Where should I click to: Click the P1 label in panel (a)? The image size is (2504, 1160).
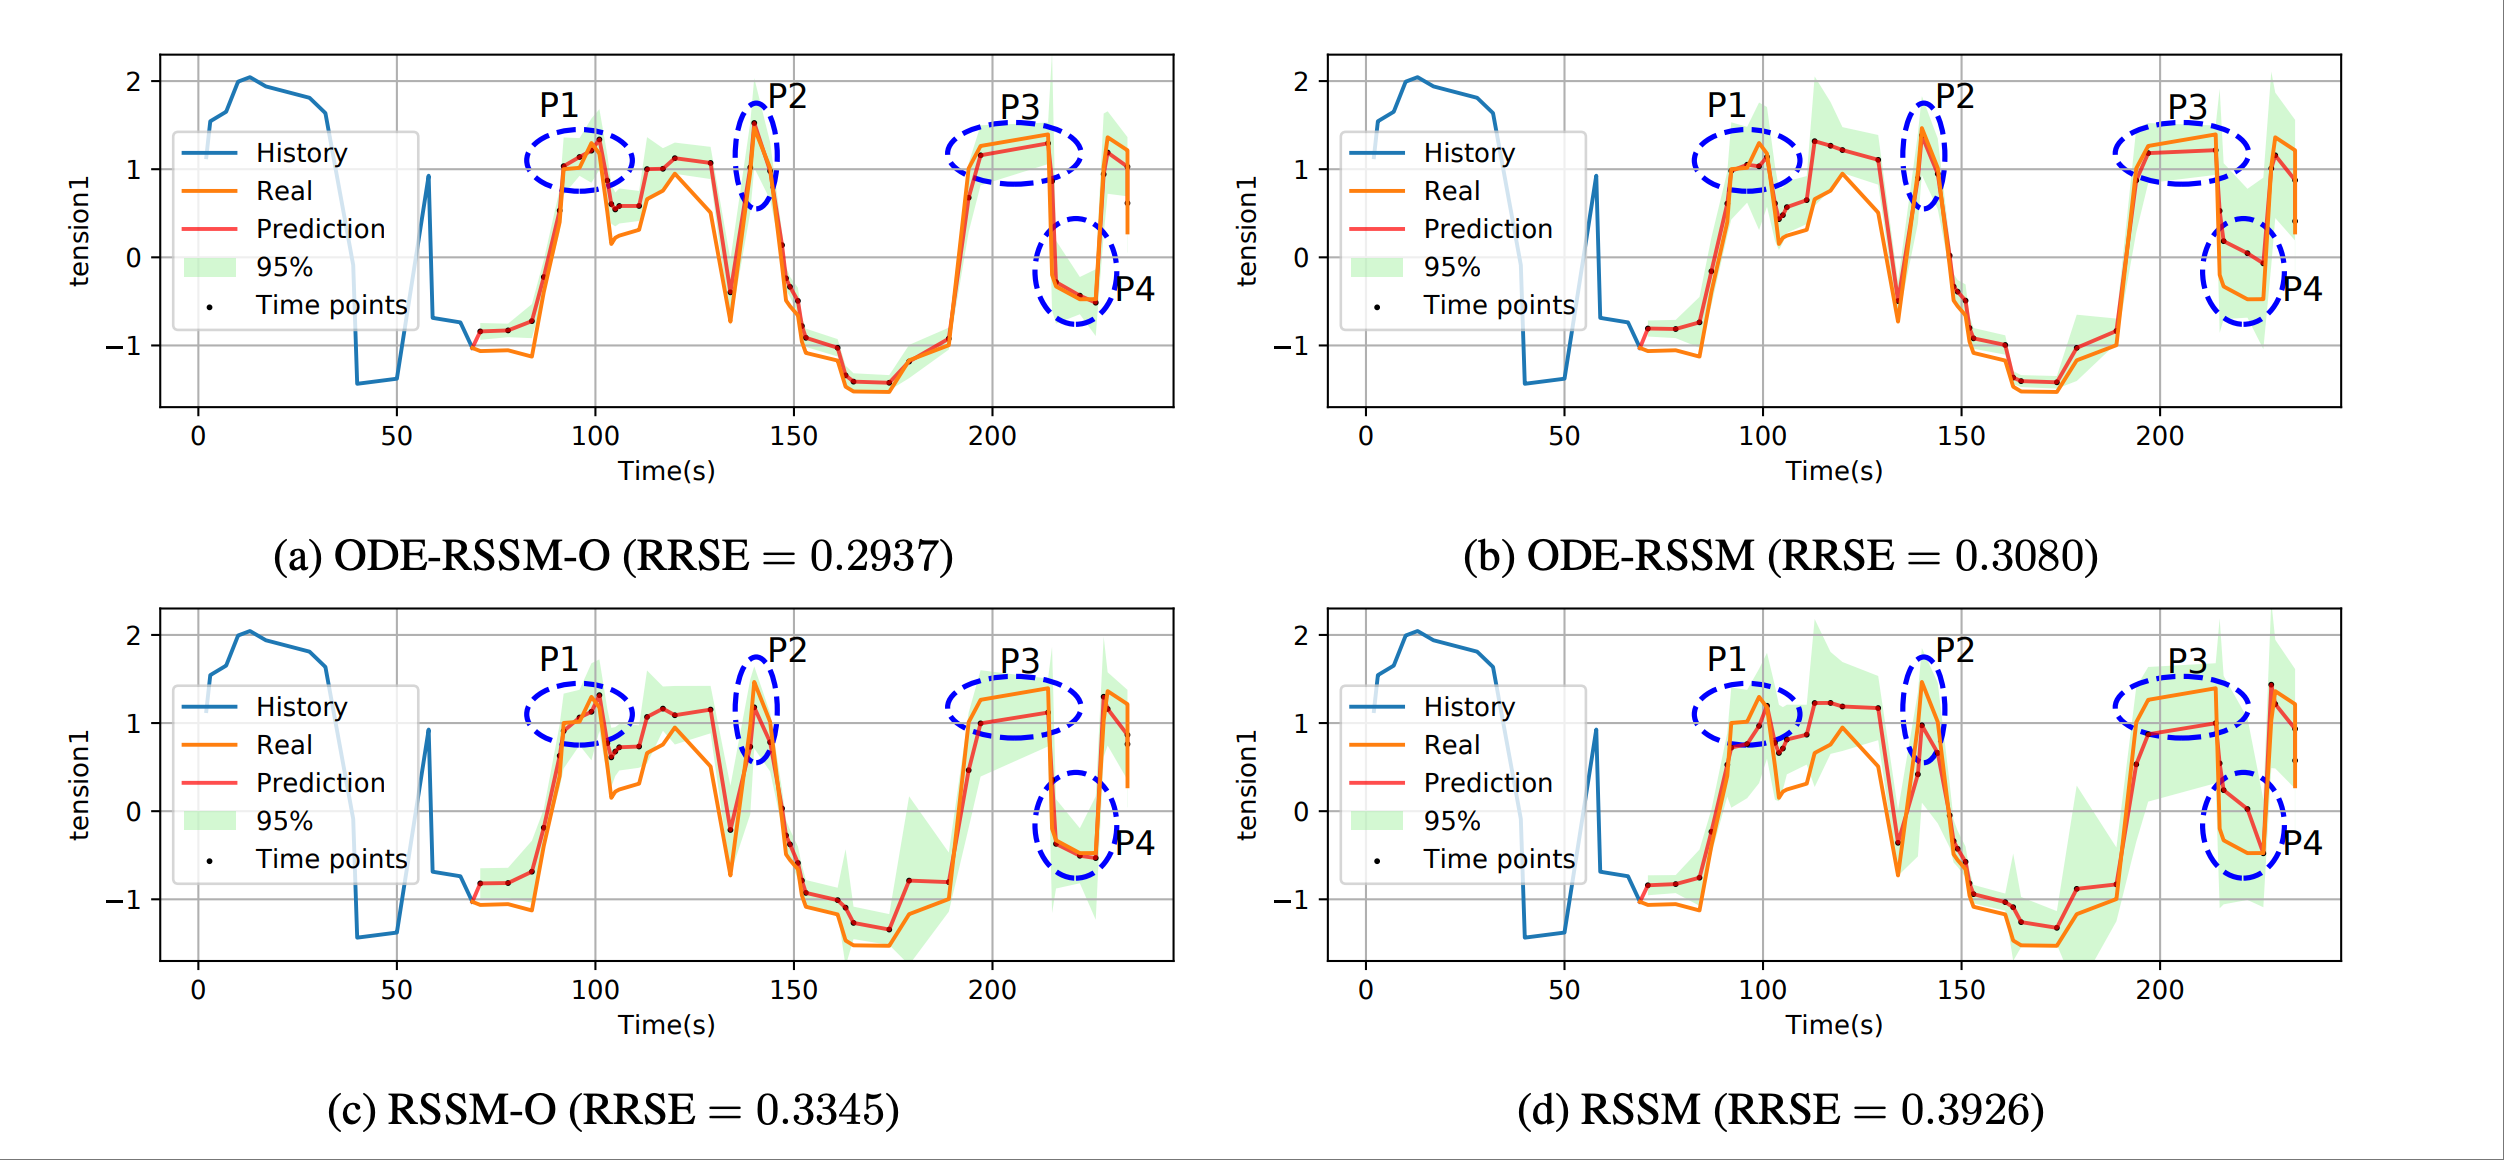coord(559,105)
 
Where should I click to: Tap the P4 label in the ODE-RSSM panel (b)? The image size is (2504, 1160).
coord(2302,289)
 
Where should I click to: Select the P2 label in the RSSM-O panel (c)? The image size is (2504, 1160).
coord(787,651)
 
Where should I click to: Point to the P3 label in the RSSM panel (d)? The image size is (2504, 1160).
coord(2187,661)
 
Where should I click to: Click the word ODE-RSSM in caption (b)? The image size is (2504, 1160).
coord(1640,556)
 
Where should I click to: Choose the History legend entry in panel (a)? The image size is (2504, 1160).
coord(301,153)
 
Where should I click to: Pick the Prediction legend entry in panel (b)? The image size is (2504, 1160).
coord(1487,229)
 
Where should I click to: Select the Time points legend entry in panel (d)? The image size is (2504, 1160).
coord(1498,859)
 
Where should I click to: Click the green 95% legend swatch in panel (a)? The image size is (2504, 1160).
coord(210,267)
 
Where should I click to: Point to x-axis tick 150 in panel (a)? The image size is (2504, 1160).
coord(793,436)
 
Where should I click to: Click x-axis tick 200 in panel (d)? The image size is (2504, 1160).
coord(2159,990)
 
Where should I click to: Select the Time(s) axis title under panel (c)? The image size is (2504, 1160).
coord(666,1025)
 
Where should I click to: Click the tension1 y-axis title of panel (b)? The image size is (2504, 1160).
coord(1246,232)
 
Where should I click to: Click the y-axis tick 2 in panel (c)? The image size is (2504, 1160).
coord(133,636)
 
